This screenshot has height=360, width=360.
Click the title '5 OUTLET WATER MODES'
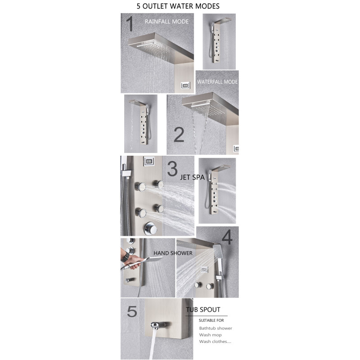[x=178, y=6]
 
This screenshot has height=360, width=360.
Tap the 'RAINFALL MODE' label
[x=166, y=22]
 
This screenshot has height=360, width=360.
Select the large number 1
[x=130, y=24]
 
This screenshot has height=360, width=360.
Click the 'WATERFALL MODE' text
[x=217, y=82]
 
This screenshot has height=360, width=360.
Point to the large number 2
[x=179, y=134]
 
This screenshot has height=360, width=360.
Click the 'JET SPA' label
[x=192, y=177]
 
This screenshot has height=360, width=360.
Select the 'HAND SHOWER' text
[x=173, y=253]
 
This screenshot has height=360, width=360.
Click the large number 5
[x=132, y=311]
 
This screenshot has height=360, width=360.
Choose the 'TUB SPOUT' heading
[x=203, y=310]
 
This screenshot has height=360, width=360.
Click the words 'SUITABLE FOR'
[x=211, y=320]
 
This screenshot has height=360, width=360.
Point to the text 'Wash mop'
[x=210, y=335]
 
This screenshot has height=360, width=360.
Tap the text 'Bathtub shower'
[x=216, y=328]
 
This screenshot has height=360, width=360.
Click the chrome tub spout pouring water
[x=158, y=325]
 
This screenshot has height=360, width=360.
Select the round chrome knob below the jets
[x=150, y=228]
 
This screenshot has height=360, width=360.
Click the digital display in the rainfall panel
[x=185, y=85]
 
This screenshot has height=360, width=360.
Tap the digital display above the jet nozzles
[x=149, y=161]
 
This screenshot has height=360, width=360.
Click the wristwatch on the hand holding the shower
[x=125, y=257]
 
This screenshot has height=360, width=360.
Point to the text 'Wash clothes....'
[x=215, y=342]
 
